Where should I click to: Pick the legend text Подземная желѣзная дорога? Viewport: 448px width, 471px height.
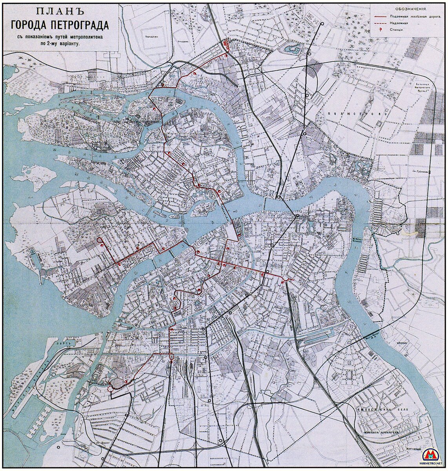tap(415, 17)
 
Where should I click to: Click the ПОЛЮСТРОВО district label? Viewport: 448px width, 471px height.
tap(357, 113)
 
